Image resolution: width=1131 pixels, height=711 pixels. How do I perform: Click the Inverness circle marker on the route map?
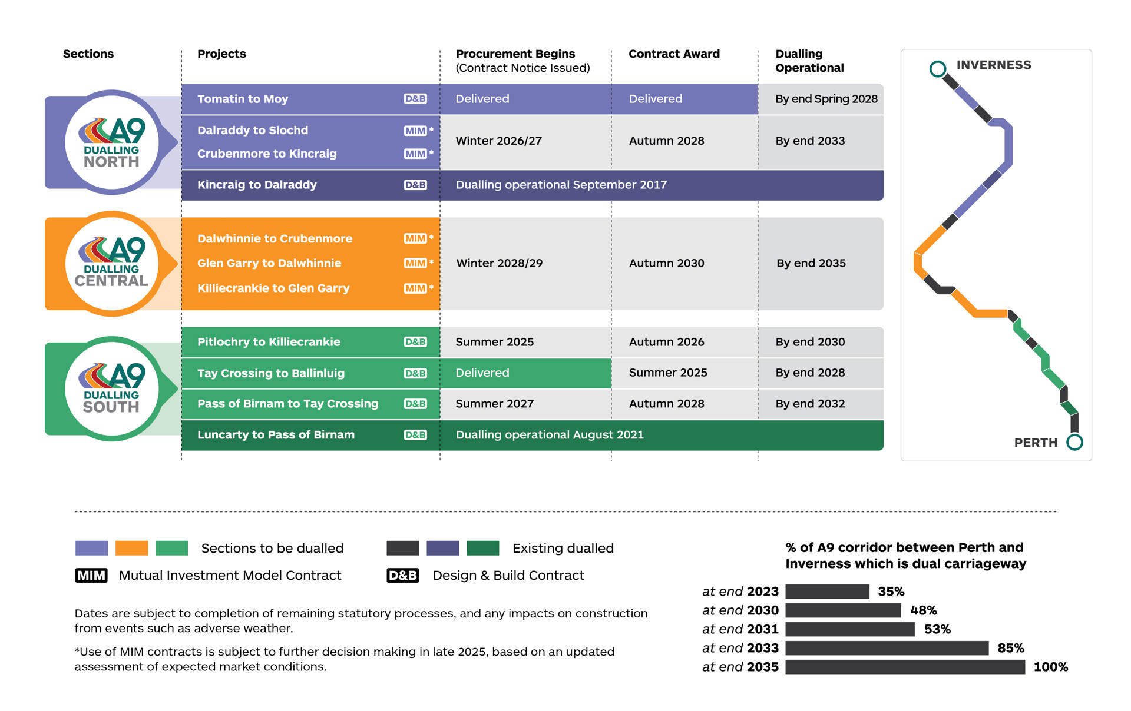[937, 69]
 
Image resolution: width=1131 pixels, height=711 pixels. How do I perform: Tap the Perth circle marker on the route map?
[1074, 442]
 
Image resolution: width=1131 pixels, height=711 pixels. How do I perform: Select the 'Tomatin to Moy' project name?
[243, 99]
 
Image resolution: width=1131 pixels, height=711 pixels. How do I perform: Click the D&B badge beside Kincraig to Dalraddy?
[415, 185]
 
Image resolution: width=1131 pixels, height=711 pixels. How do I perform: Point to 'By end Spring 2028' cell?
[826, 99]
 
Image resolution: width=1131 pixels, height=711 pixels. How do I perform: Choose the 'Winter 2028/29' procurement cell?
[499, 263]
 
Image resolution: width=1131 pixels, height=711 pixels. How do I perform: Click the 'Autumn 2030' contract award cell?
[666, 263]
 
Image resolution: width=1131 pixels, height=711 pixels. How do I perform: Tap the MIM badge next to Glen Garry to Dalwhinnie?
[415, 263]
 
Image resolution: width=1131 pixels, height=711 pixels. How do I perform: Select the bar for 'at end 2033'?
[887, 648]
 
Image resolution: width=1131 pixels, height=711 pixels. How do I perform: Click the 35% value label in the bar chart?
[891, 592]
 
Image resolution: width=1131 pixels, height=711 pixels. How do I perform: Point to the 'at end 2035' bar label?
[740, 667]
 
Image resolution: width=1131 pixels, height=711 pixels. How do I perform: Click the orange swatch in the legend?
[131, 548]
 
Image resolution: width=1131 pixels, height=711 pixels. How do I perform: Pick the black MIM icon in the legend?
[91, 575]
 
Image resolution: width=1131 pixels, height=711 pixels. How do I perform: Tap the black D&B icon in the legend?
[402, 575]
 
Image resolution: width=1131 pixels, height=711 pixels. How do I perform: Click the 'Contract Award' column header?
[674, 54]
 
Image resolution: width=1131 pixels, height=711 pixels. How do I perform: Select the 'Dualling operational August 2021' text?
[550, 435]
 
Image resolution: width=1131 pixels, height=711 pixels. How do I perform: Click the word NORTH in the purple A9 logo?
[111, 162]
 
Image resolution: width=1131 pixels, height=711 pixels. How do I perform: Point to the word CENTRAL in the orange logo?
[111, 281]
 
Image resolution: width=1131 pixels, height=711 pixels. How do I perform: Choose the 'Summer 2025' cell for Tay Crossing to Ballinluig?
[667, 373]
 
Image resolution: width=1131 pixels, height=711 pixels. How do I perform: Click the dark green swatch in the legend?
[482, 548]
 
